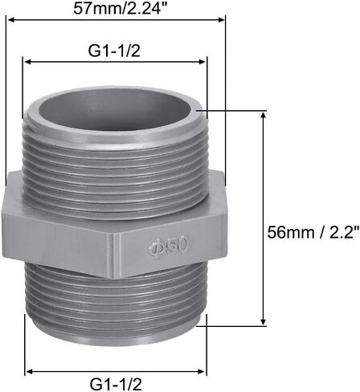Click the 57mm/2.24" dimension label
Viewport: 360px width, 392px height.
click(x=121, y=9)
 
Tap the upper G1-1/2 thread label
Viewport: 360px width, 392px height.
click(x=114, y=51)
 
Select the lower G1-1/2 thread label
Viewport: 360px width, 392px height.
click(x=116, y=384)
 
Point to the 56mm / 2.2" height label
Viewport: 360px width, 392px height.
click(x=313, y=232)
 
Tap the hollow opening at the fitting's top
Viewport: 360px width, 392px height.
click(x=116, y=109)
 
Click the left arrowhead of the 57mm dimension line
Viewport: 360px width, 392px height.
click(x=10, y=19)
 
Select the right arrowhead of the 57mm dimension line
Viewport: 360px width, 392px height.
click(x=221, y=19)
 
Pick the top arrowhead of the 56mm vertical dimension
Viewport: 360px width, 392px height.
click(x=264, y=116)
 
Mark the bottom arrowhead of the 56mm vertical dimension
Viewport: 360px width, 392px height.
click(x=264, y=321)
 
